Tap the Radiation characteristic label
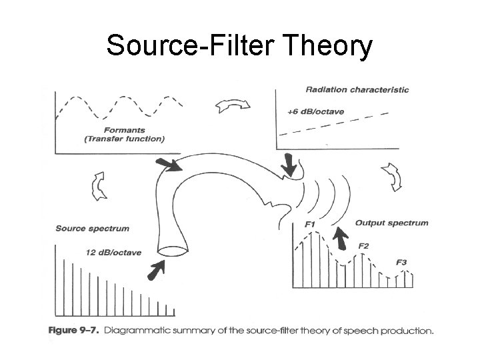pos(357,90)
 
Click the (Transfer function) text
pos(125,139)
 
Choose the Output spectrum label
pos(391,223)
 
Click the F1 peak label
pos(309,225)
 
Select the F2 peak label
pos(363,246)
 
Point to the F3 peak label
pos(401,262)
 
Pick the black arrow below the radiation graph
pos(289,164)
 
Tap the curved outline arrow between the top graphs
pos(232,105)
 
